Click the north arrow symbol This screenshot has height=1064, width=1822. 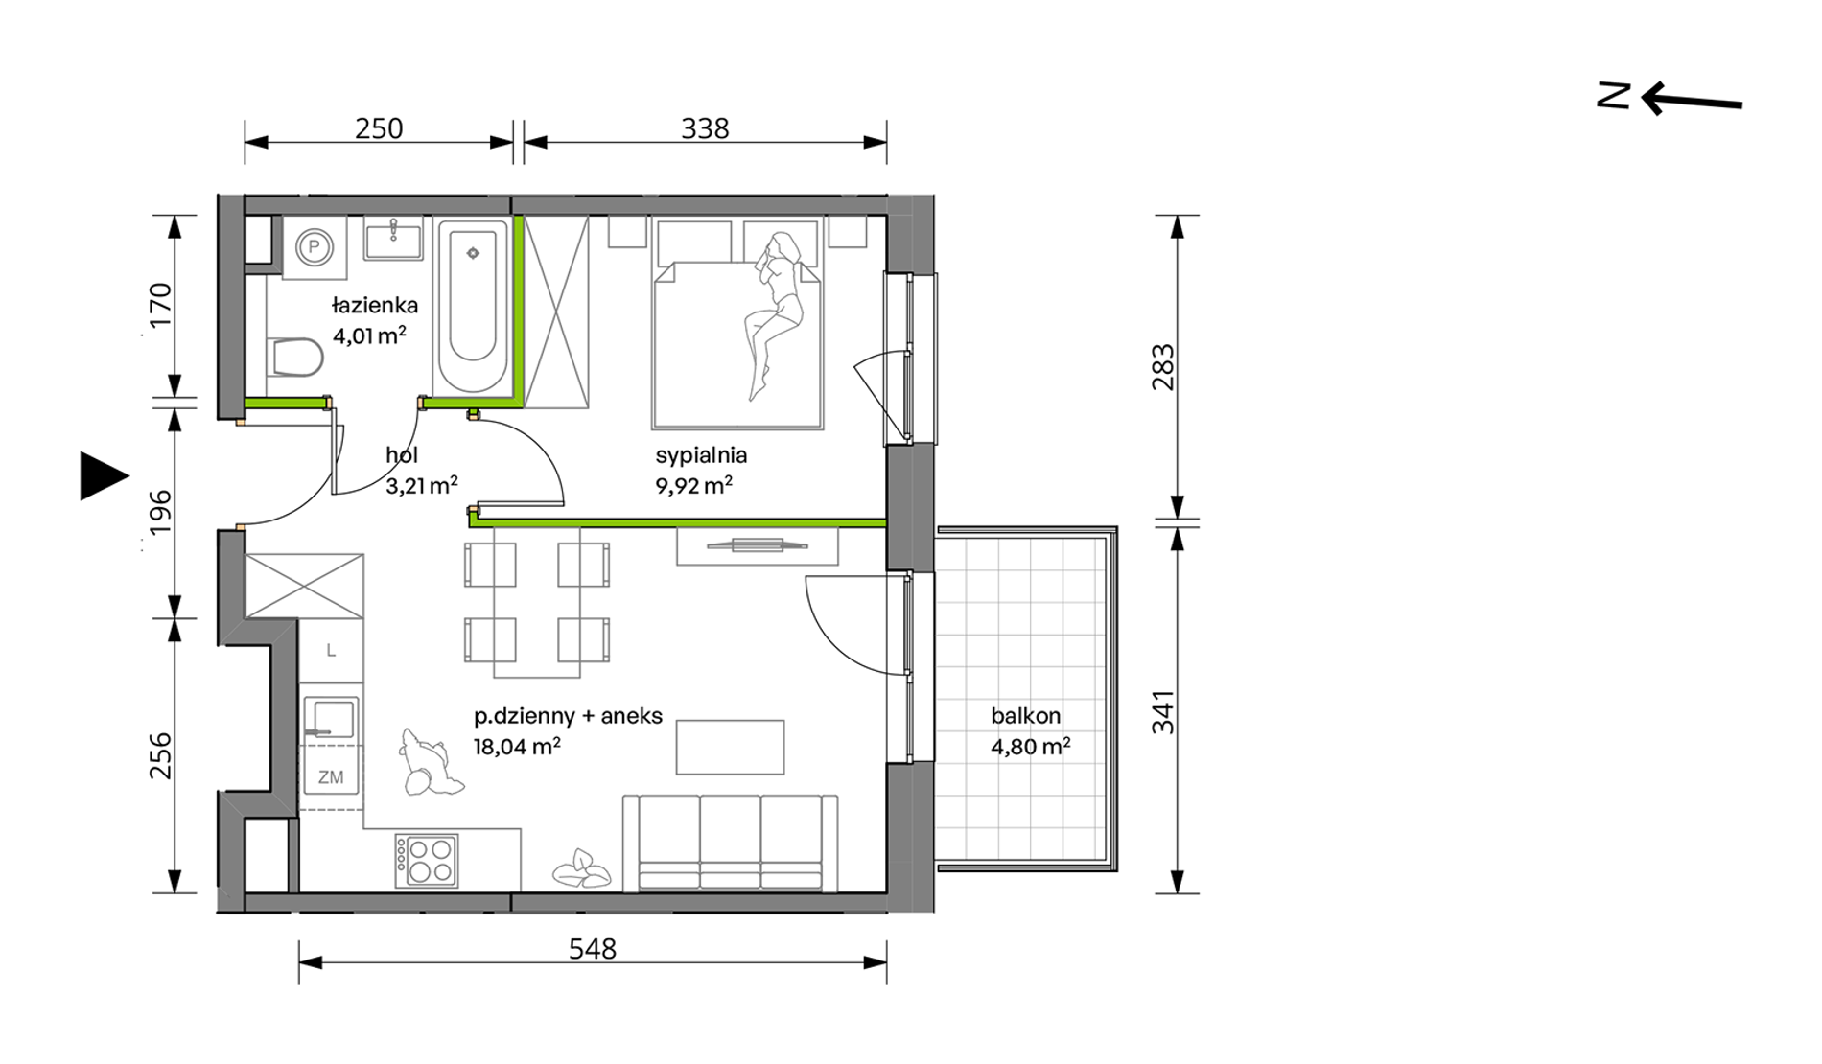point(1670,98)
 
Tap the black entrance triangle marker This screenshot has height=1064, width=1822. point(103,476)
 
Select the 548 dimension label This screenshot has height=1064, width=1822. point(592,949)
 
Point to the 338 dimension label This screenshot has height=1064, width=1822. point(705,128)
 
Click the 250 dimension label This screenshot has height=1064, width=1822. point(379,128)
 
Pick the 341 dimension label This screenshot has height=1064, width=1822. point(1163,712)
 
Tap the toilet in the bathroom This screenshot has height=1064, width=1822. point(294,358)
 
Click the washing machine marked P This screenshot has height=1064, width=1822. point(314,247)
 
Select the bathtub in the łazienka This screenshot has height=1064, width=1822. point(473,306)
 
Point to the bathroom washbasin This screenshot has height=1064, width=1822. point(392,238)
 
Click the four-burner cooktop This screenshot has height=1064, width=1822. point(427,861)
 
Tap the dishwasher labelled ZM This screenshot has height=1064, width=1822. point(331,777)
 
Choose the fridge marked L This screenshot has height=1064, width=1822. point(331,651)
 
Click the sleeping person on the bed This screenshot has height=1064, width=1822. point(777,312)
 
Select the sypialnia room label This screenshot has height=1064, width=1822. point(701,455)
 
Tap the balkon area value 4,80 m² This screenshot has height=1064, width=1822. point(1031,746)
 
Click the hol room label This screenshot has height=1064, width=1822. point(402,455)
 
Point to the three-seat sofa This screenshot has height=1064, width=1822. point(731,843)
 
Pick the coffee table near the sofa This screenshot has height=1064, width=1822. point(730,747)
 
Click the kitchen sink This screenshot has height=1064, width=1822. point(330,718)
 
